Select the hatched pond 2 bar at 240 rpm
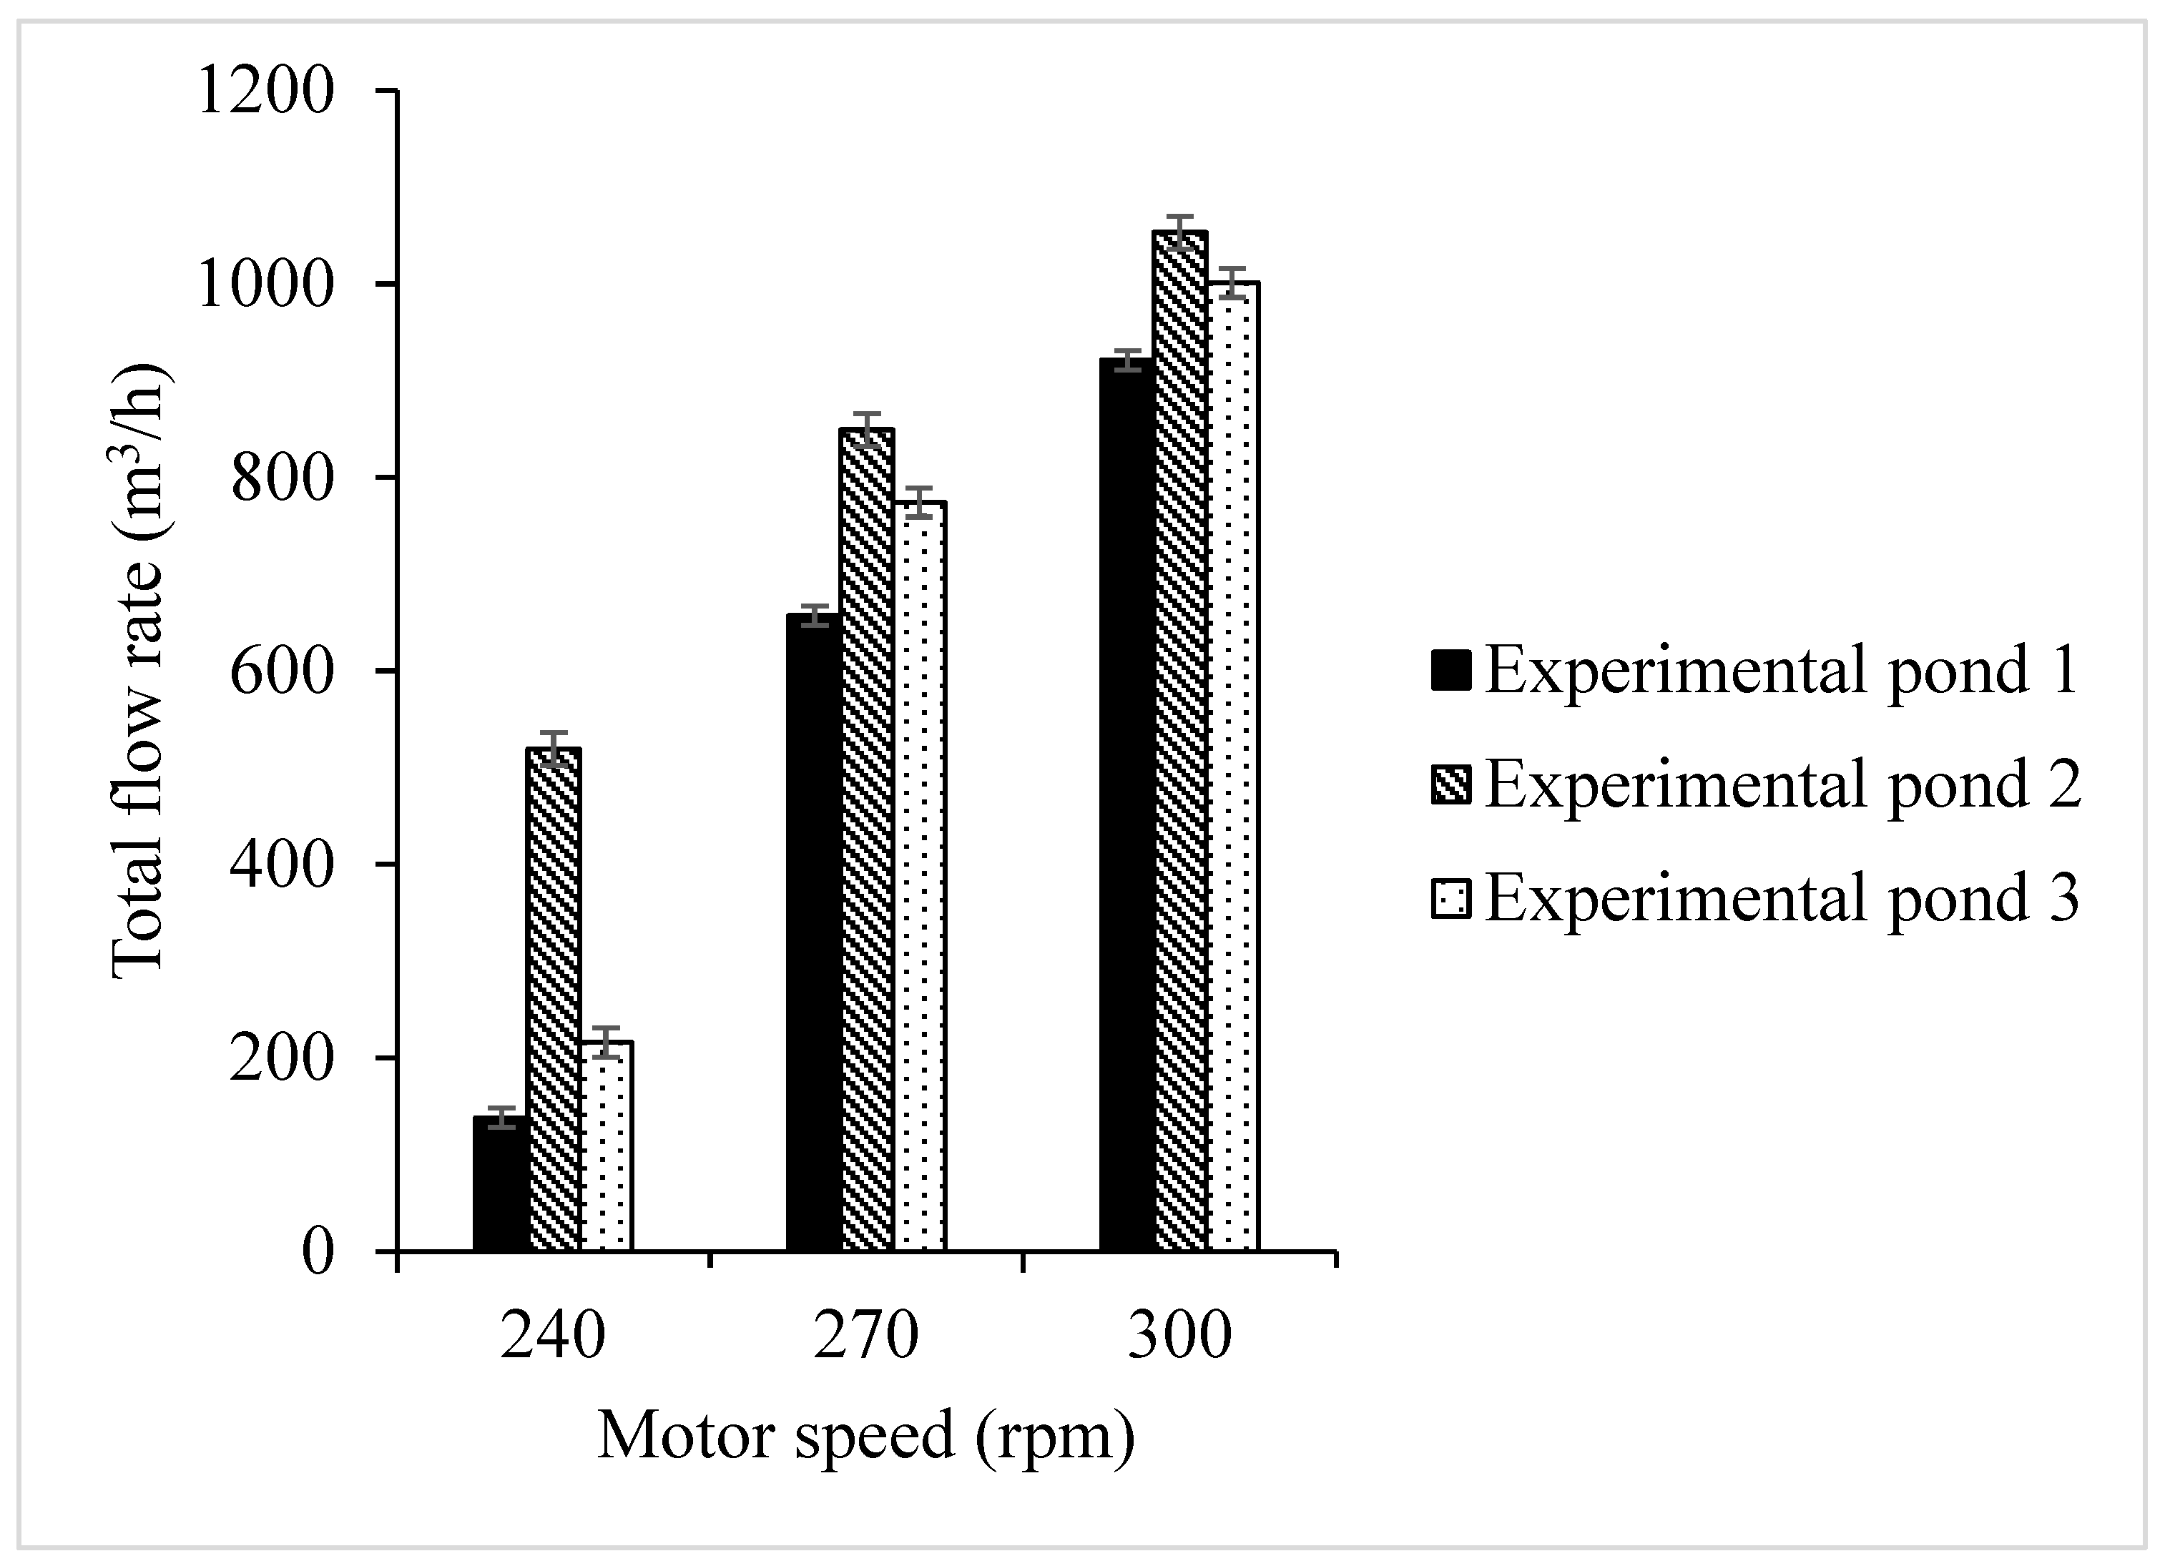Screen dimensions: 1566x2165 click(554, 1000)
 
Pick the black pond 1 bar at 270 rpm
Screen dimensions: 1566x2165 click(813, 933)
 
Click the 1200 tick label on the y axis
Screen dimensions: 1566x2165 click(265, 92)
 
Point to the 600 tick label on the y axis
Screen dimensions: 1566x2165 click(282, 673)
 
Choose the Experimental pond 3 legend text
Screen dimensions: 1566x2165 click(1781, 898)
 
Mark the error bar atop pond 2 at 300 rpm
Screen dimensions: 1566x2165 click(1181, 232)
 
